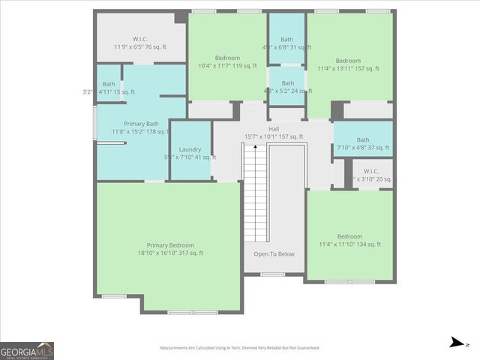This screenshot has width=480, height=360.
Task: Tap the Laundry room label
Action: point(190,149)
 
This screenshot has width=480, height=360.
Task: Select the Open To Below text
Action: point(274,253)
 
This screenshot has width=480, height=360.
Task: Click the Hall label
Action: point(274,128)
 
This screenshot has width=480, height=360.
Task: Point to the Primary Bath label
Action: point(141,124)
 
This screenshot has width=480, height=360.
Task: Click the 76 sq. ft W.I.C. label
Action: point(140,38)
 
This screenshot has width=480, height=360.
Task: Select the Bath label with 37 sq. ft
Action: point(363,139)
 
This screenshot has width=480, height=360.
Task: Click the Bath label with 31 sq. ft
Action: point(286,39)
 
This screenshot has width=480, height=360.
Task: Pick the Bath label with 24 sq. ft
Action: point(287,83)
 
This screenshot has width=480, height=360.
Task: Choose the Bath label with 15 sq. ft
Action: point(109,84)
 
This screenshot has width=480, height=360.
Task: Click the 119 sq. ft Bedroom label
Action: point(227,58)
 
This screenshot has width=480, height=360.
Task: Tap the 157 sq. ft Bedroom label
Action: point(348,61)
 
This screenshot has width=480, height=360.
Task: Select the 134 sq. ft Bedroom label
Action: point(349,236)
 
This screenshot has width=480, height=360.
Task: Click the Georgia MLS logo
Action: point(27,350)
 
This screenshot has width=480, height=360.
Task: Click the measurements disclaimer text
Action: point(239,348)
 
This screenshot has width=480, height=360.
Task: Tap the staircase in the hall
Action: point(256,193)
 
